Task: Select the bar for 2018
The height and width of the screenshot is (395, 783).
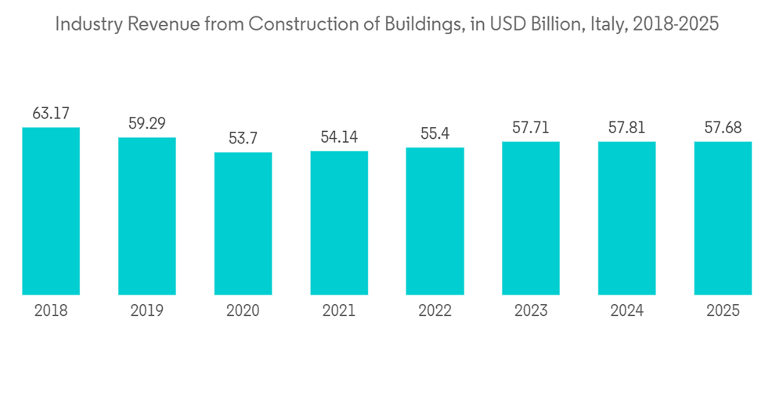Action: click(x=51, y=211)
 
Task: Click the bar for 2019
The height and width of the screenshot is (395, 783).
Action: click(x=147, y=216)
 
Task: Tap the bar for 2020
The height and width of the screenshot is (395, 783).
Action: click(x=243, y=223)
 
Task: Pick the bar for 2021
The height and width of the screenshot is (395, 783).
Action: click(x=339, y=223)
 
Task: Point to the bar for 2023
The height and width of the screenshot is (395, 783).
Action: click(x=531, y=218)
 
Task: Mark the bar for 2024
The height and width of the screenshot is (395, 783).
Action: click(x=626, y=218)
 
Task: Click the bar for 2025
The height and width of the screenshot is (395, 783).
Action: click(x=723, y=218)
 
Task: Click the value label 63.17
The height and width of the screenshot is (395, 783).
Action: click(x=51, y=114)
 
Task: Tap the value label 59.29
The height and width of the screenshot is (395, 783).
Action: click(x=147, y=124)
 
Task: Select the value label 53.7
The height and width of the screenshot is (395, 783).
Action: click(x=243, y=139)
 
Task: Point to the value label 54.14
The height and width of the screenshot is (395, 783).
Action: click(x=339, y=138)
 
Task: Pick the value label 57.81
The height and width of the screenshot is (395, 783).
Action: click(x=626, y=128)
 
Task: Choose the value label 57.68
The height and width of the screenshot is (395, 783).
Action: click(x=723, y=128)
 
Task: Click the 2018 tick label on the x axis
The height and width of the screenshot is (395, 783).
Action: click(x=51, y=311)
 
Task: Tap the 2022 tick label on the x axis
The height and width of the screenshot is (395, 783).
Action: click(x=435, y=311)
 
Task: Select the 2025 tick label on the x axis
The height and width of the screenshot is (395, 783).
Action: click(x=723, y=311)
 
